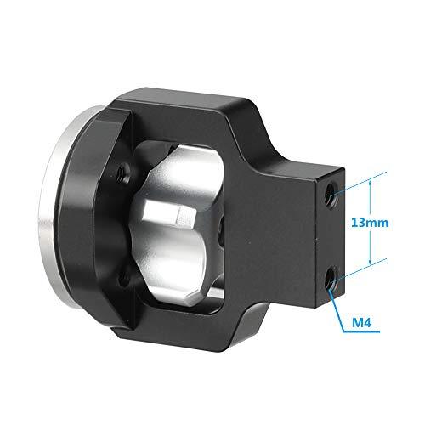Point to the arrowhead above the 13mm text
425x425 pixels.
371,176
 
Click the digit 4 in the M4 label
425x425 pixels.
376,323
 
